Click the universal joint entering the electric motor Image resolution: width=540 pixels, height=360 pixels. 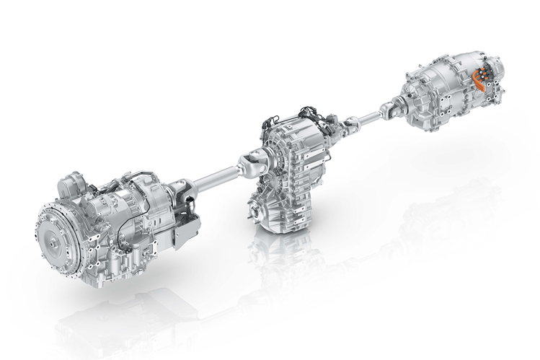click(389, 107)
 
